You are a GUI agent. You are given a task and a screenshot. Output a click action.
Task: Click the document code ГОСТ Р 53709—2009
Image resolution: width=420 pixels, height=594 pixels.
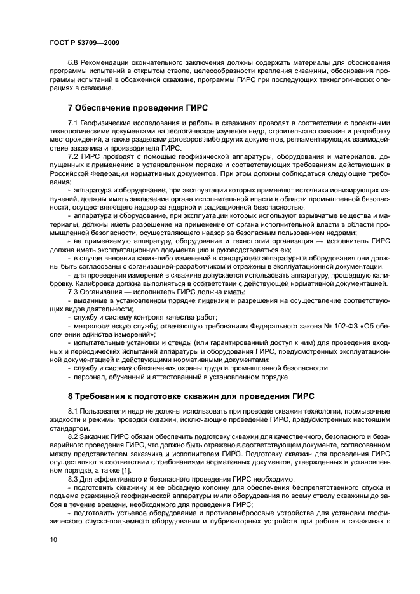click(84, 43)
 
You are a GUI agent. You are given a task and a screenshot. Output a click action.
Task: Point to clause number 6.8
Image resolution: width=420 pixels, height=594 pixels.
click(73, 64)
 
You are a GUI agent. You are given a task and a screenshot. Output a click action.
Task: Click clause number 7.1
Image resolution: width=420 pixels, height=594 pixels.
click(73, 123)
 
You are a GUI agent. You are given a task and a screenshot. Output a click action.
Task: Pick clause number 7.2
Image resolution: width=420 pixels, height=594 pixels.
click(73, 156)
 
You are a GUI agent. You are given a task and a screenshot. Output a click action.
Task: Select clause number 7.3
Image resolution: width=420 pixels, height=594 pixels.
click(73, 291)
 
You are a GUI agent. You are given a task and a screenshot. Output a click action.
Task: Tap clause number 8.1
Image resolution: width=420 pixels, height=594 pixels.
click(73, 412)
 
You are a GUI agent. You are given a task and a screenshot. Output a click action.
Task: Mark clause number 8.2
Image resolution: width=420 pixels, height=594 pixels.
click(73, 437)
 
